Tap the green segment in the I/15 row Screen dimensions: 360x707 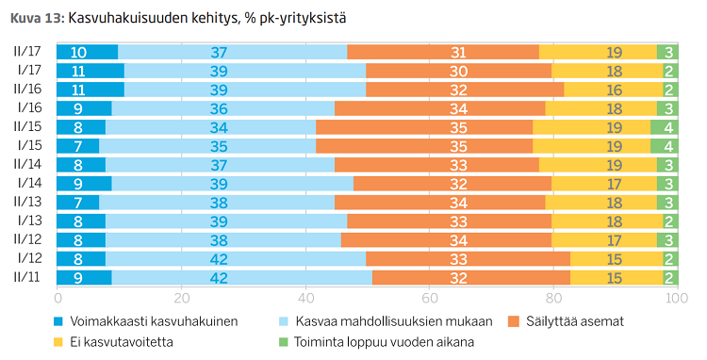pos(663,145)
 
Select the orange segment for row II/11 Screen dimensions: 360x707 pos(471,277)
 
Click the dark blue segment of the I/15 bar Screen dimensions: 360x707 pos(78,145)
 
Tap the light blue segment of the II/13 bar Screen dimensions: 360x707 pos(217,202)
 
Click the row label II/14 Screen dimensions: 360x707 pos(26,164)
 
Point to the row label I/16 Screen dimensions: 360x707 pos(28,108)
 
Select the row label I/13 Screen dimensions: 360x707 pos(28,221)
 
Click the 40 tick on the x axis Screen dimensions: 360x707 pos(304,297)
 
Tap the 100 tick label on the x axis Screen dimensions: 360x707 pos(672,297)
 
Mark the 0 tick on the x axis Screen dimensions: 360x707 pos(58,297)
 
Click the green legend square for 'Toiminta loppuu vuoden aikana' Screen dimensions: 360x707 pos(288,342)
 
